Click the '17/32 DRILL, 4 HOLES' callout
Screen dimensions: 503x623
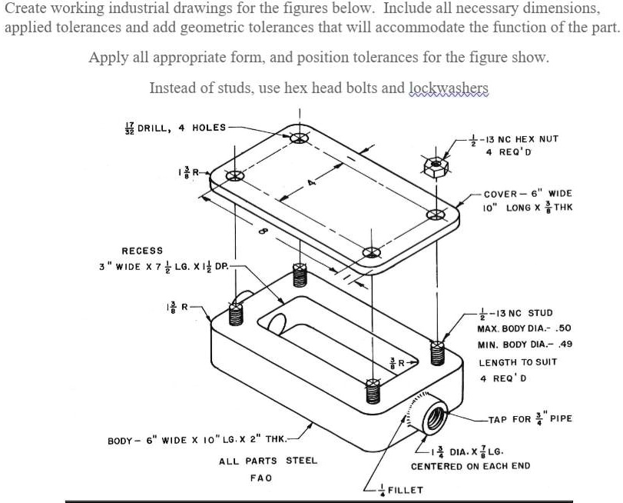tap(176, 127)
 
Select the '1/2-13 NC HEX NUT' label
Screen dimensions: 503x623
tap(519, 139)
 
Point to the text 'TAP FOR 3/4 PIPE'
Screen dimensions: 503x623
tap(530, 419)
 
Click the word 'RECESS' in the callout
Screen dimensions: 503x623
tap(142, 251)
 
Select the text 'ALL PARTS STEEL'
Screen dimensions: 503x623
tap(268, 461)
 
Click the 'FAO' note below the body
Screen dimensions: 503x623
tap(261, 478)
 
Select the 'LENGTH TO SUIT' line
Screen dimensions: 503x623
tap(518, 362)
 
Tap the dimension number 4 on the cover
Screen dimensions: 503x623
tap(312, 184)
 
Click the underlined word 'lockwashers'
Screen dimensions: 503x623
tap(449, 88)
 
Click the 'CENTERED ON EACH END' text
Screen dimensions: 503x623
tap(470, 466)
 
